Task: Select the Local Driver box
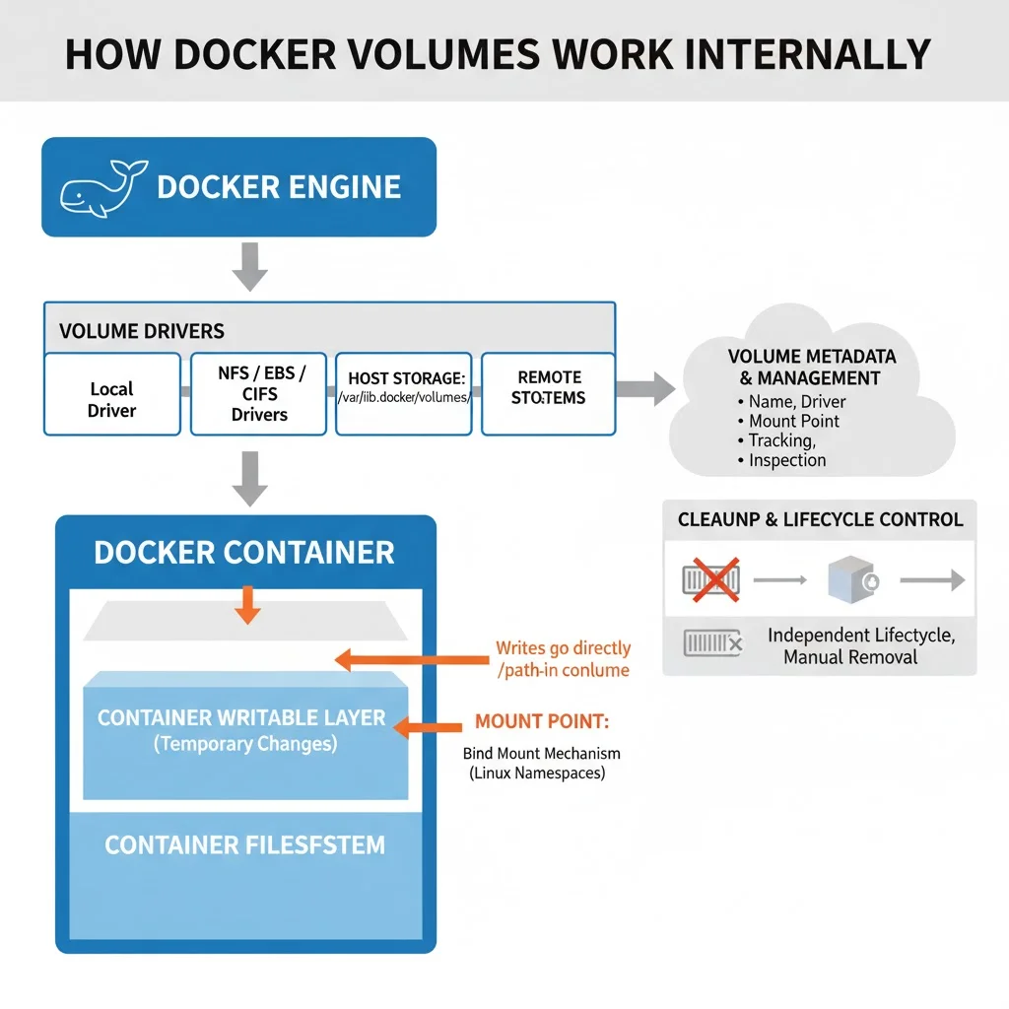pos(111,394)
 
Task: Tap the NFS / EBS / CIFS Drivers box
pos(259,394)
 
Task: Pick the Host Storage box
pos(406,394)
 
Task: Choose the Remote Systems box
pos(548,394)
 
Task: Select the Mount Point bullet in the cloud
pos(793,421)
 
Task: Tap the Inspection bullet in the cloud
pos(786,460)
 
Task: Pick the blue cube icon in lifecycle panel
pos(851,580)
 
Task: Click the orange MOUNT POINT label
pos(542,721)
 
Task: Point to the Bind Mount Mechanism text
pos(541,754)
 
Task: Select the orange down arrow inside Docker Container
pos(248,605)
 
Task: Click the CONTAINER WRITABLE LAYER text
pos(241,717)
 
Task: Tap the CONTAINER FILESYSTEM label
pos(244,845)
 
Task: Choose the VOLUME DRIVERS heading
pos(142,330)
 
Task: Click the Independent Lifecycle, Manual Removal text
pos(861,645)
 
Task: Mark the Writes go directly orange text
pos(563,648)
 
